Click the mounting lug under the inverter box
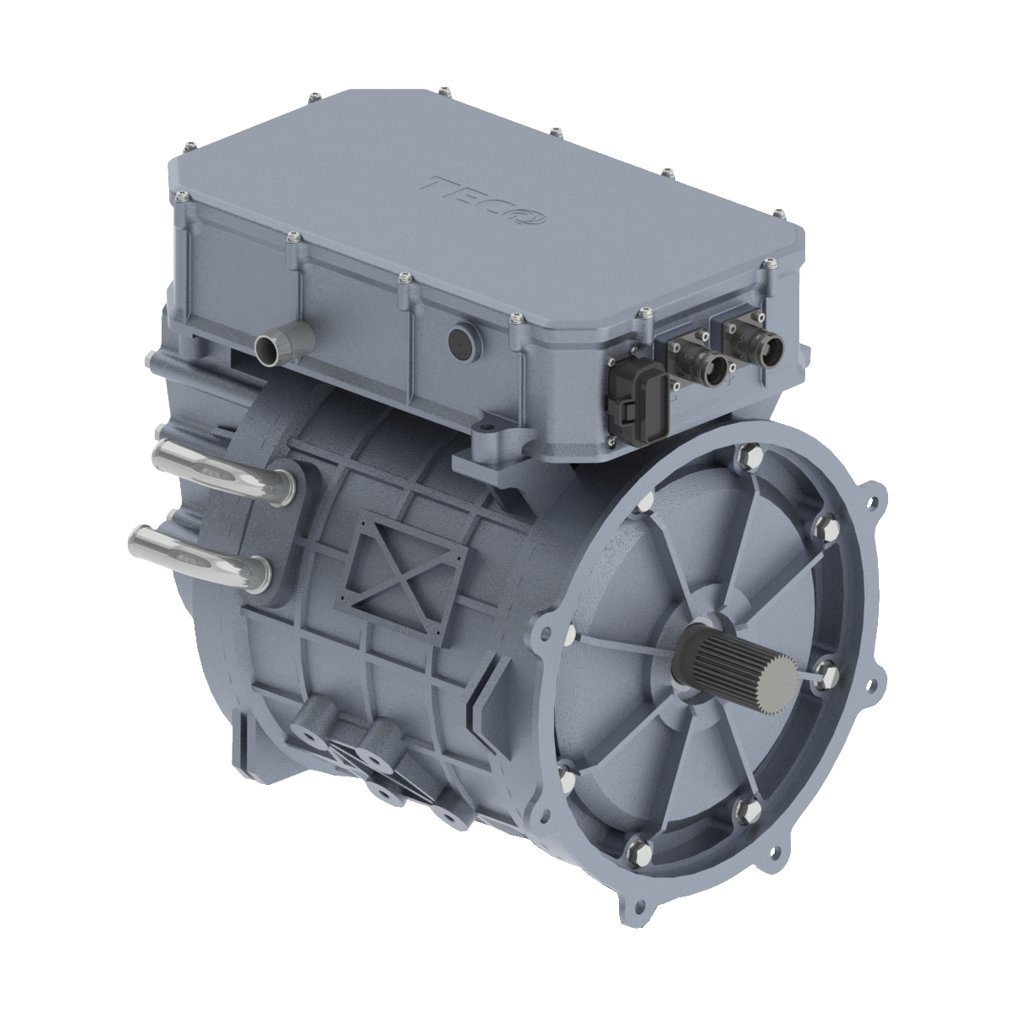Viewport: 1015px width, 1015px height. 491,448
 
